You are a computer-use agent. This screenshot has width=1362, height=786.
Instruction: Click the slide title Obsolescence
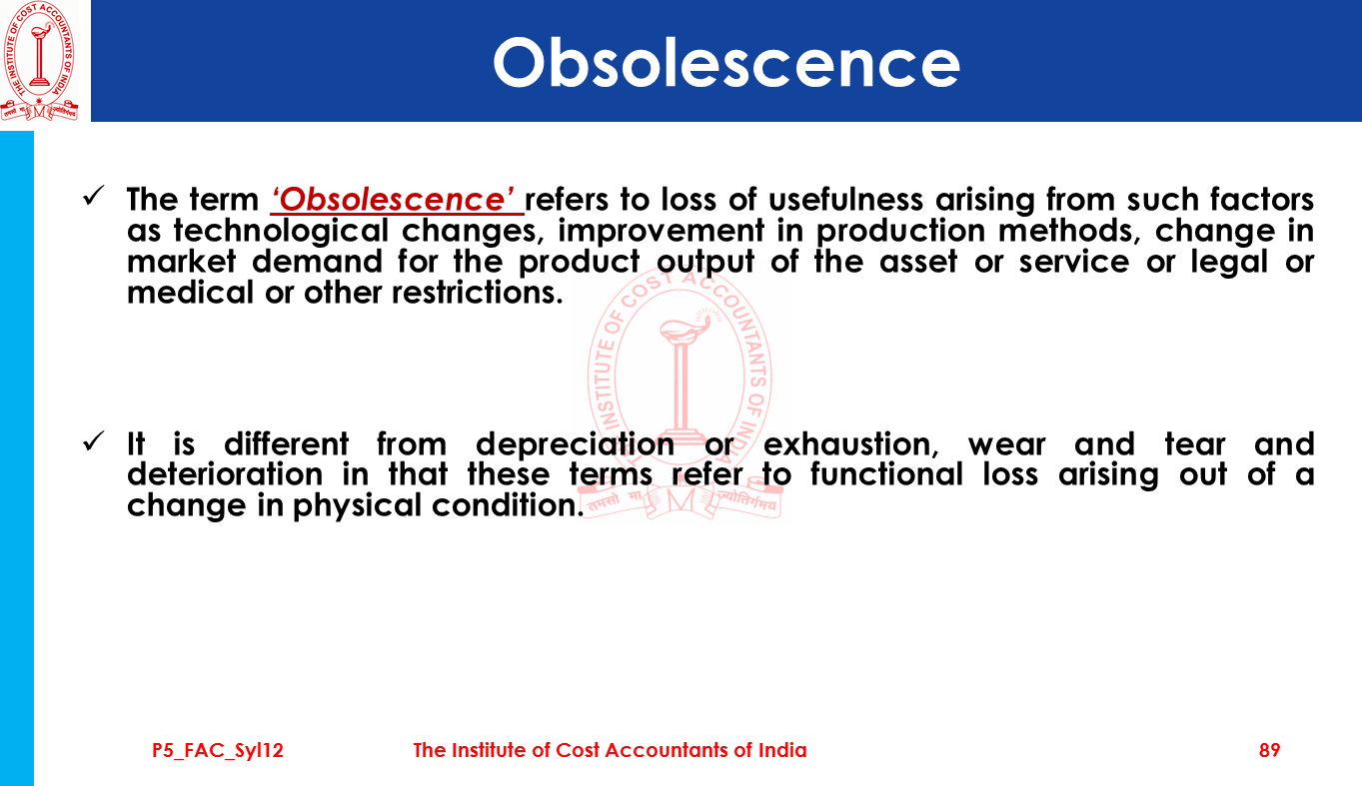(726, 63)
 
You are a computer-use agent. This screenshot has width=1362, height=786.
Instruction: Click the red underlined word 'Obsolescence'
(397, 200)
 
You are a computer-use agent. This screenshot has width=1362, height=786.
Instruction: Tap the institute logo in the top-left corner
(40, 61)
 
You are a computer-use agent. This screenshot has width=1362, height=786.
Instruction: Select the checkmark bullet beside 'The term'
(94, 196)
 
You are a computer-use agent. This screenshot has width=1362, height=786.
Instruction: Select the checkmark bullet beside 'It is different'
(94, 441)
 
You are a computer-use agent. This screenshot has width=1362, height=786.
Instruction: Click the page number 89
(1270, 750)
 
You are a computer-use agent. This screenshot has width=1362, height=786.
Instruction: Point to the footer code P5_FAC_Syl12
(218, 751)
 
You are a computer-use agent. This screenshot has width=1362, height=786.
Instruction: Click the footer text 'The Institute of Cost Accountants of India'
(610, 750)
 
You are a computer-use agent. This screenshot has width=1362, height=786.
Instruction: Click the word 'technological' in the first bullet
(281, 232)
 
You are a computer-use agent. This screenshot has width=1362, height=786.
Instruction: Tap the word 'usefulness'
(845, 200)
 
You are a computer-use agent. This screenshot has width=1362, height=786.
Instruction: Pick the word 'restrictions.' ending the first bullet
(478, 293)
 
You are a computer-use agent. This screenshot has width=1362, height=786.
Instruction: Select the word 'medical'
(190, 293)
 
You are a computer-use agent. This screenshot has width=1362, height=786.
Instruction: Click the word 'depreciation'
(575, 443)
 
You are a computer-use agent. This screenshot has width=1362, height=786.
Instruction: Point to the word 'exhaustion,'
(851, 444)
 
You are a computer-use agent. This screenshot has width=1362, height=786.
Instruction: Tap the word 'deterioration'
(225, 474)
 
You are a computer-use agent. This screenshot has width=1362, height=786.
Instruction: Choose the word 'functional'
(886, 474)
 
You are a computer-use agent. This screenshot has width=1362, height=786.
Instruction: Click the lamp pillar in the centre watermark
(681, 390)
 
